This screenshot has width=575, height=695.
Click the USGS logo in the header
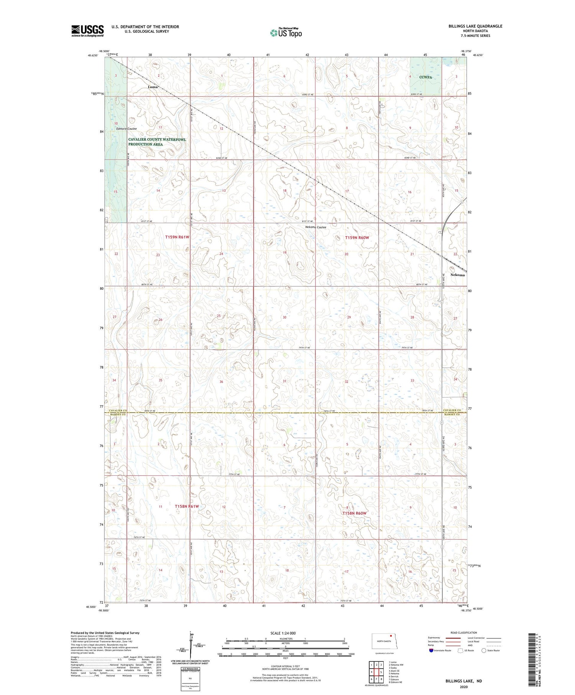click(87, 31)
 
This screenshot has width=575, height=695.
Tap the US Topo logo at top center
click(286, 33)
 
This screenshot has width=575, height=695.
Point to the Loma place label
click(153, 87)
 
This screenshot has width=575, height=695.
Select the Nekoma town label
click(457, 275)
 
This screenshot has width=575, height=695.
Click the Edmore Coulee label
click(126, 129)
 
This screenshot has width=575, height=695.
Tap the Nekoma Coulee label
click(315, 227)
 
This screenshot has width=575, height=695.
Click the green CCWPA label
click(426, 77)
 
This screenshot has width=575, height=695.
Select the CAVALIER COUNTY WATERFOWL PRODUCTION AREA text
click(157, 142)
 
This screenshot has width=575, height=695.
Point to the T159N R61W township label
click(177, 237)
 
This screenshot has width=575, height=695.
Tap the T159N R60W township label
click(357, 238)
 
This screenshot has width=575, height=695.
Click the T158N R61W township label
click(187, 506)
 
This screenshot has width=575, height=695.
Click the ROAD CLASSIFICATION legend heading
click(464, 633)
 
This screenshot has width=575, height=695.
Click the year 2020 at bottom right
click(463, 684)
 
